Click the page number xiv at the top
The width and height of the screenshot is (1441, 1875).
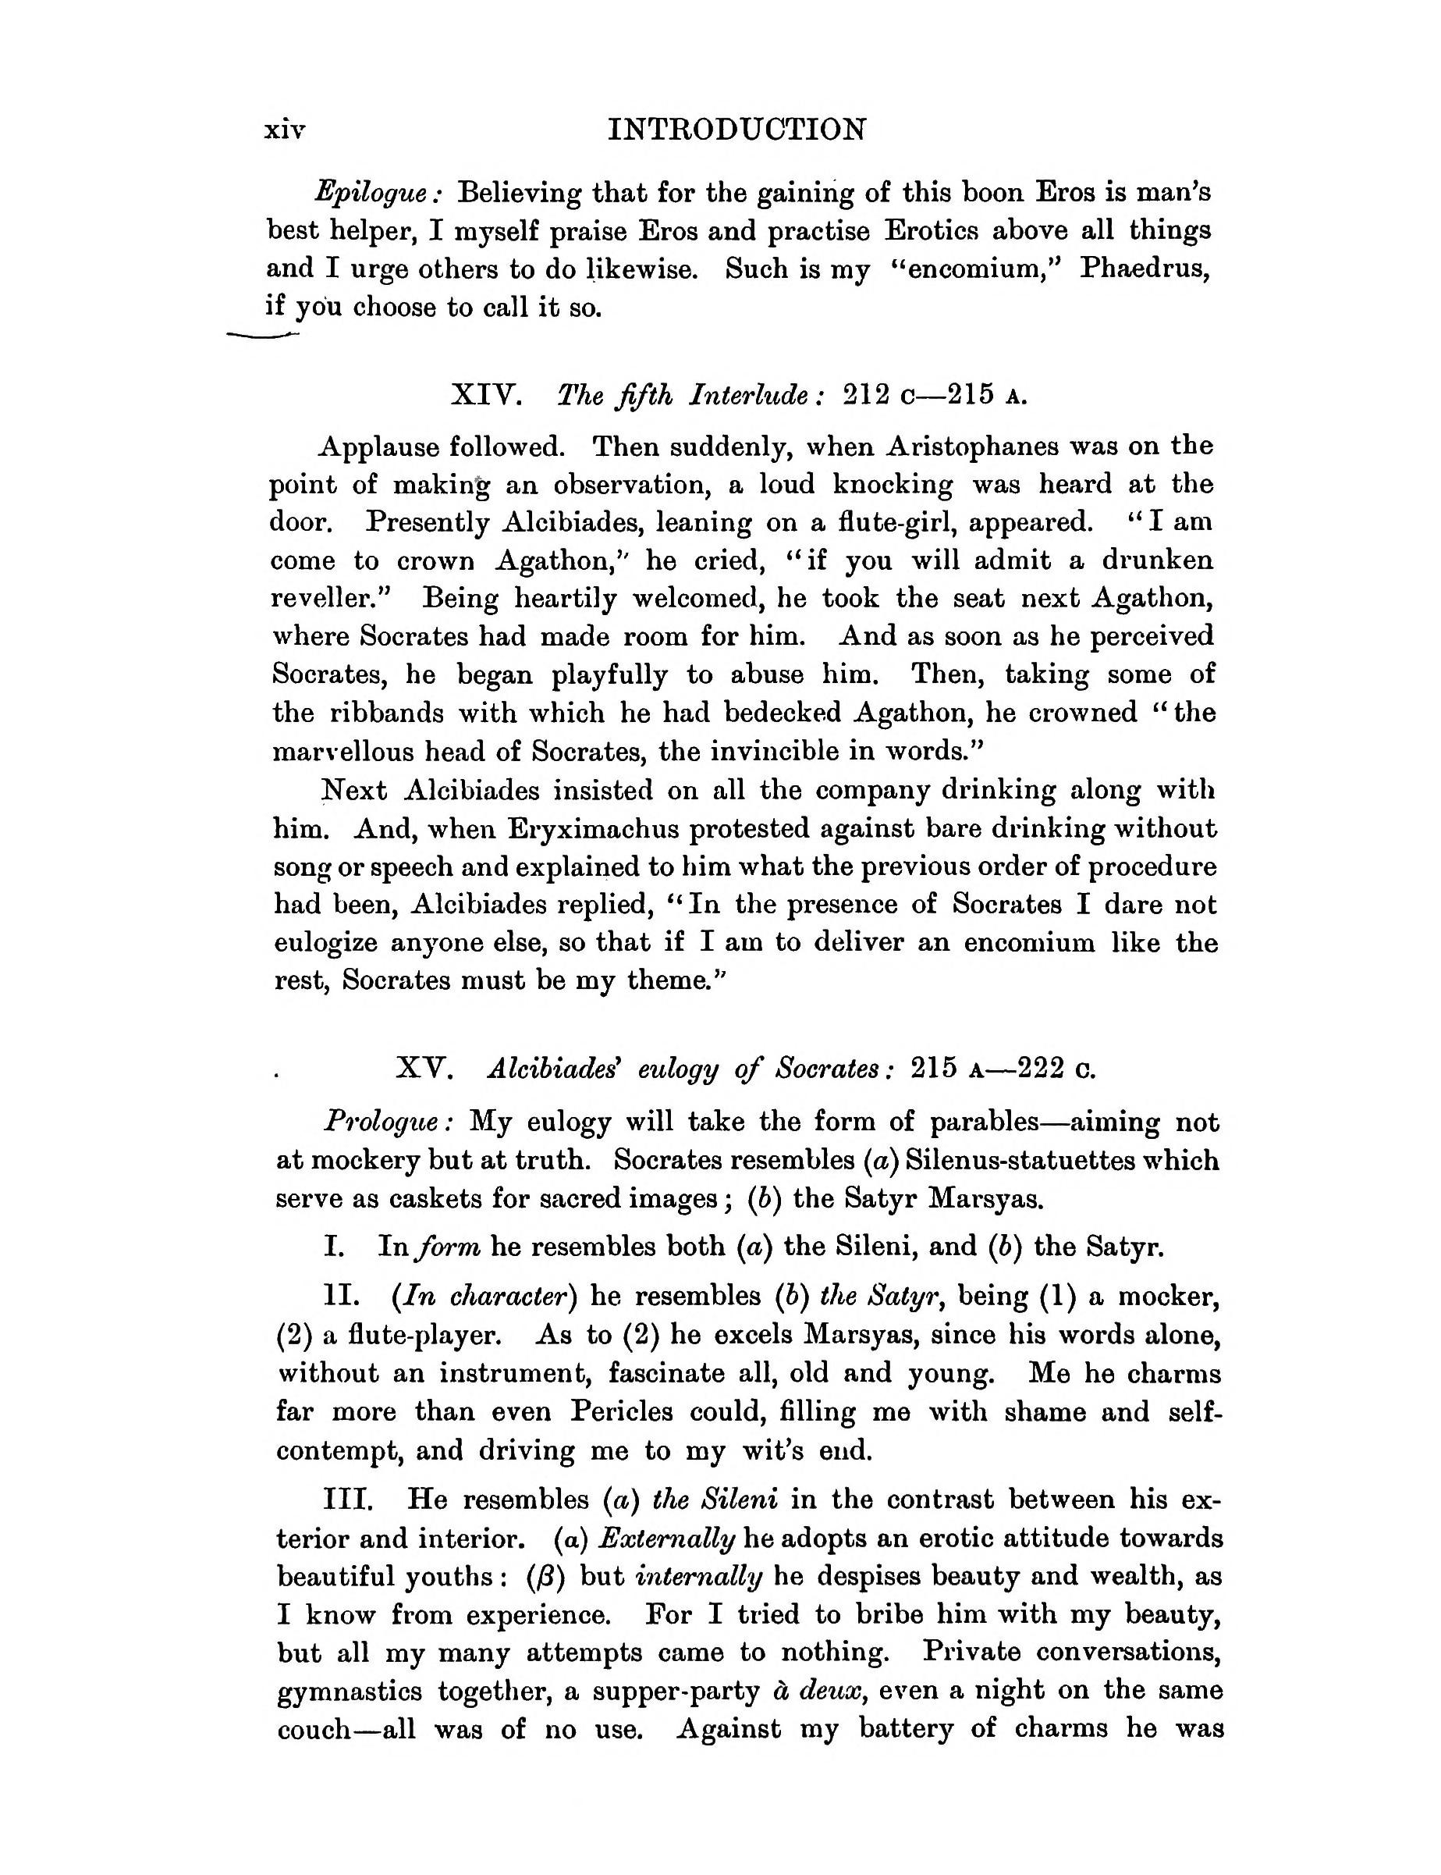[x=285, y=130]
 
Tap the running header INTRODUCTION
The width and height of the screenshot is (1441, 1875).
[x=736, y=130]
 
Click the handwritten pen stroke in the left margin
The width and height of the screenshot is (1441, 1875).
[x=261, y=336]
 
